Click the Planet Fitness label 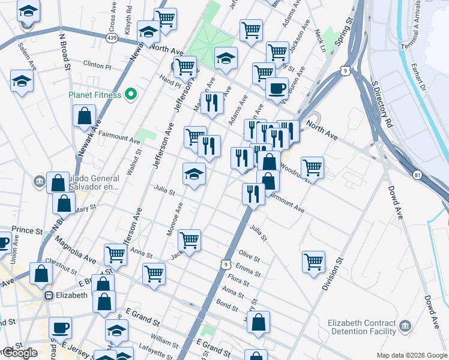[x=95, y=95]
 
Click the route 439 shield [x=112, y=37]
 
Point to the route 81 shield [x=417, y=175]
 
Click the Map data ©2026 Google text [x=412, y=355]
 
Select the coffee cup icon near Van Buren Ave [x=277, y=89]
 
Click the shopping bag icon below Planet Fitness [x=85, y=115]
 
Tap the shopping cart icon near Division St [x=313, y=262]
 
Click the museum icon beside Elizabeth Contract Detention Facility [x=406, y=326]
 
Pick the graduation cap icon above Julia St [x=194, y=174]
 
